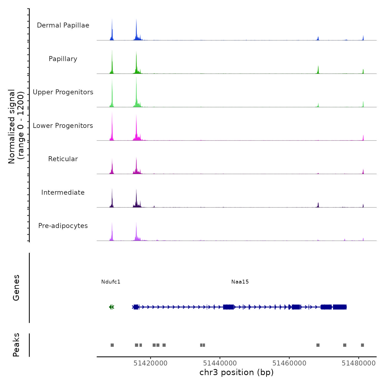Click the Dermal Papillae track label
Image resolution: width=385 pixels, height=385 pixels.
[x=63, y=25]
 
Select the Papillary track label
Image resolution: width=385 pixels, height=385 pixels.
[x=63, y=59]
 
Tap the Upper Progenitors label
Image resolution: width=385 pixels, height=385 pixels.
[x=63, y=92]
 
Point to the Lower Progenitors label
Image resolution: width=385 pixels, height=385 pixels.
[x=63, y=126]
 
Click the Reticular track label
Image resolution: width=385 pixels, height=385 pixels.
[x=63, y=159]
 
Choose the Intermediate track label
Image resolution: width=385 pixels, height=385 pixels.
[x=63, y=193]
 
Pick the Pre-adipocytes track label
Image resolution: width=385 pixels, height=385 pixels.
[x=63, y=226]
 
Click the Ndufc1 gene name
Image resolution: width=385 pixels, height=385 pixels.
[x=111, y=282]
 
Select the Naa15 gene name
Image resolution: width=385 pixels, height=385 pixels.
[x=240, y=282]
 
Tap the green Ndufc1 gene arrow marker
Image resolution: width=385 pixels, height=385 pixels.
[x=111, y=307]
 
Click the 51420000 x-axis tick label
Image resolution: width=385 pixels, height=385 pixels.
[x=150, y=363]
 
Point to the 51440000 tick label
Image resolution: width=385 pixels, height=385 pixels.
[x=220, y=363]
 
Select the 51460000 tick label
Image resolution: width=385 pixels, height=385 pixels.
[x=289, y=363]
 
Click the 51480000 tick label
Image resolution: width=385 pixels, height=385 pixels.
[x=359, y=363]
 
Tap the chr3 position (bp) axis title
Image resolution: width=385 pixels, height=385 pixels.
[x=237, y=372]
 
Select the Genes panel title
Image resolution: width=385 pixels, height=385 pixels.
[x=16, y=288]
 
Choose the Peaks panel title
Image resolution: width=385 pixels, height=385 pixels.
[x=16, y=345]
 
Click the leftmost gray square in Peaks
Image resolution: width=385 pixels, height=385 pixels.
[x=112, y=345]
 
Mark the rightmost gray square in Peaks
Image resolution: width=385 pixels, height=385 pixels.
[x=362, y=345]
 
